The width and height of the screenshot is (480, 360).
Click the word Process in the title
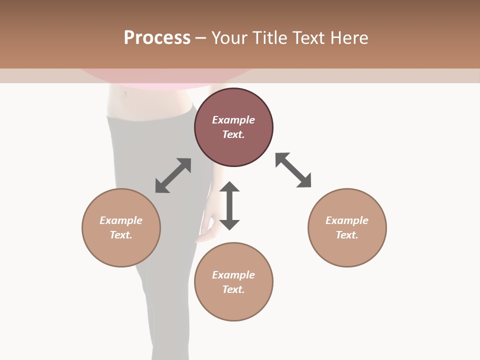pos(157,38)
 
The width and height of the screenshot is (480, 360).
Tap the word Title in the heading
pos(270,38)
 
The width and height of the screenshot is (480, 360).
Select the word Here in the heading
pos(349,38)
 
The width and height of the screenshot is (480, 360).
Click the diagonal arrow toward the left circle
pos(173,175)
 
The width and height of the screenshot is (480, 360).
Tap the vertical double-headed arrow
pos(229,205)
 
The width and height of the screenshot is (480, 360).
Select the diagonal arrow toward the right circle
pos(293,170)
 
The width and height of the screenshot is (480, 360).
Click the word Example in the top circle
pos(233,120)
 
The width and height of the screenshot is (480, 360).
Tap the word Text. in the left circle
pos(121,235)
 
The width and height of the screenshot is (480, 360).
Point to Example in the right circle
pos(347,220)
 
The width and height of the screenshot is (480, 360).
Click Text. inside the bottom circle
pos(233,289)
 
